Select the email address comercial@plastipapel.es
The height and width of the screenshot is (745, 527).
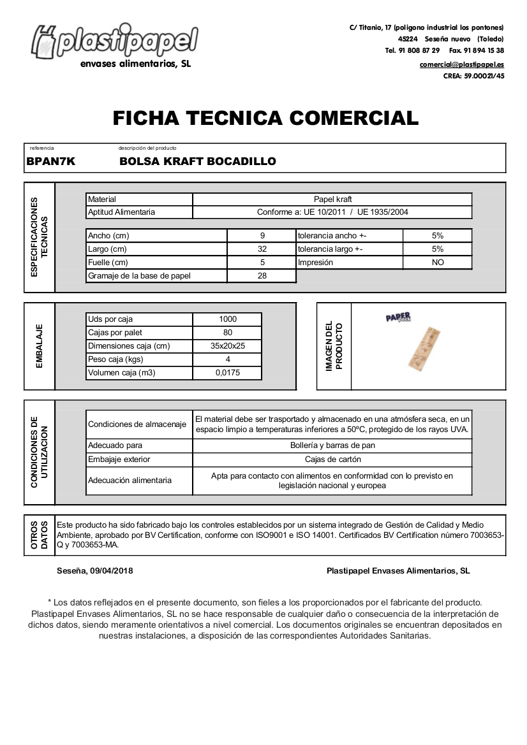coord(461,64)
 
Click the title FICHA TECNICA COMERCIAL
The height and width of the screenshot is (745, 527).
coord(265,118)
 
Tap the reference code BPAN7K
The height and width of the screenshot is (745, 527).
coord(51,162)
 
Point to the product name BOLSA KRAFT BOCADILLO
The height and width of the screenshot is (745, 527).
coord(198,162)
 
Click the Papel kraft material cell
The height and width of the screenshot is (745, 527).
coord(332,199)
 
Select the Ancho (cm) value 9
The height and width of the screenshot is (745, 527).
coord(262,236)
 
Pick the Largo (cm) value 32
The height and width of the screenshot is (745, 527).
coord(262,249)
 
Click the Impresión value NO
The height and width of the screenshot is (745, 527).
coord(438,263)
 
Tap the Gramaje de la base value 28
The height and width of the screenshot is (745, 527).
coord(262,276)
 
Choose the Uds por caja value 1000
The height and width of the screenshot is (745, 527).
coord(227,319)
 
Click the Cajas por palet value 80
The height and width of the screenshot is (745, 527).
coord(228,333)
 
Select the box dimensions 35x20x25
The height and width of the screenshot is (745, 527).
coord(228,346)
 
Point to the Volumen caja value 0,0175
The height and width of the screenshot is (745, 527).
coord(228,373)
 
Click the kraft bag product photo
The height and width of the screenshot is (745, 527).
coord(423,348)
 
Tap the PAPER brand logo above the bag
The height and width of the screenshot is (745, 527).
coord(398,317)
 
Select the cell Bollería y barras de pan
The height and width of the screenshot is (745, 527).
coord(332,445)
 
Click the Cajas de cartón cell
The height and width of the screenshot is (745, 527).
coord(332,459)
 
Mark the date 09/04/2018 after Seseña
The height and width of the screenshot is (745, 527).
coord(112,571)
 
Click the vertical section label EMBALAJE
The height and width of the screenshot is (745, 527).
coord(40,346)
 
